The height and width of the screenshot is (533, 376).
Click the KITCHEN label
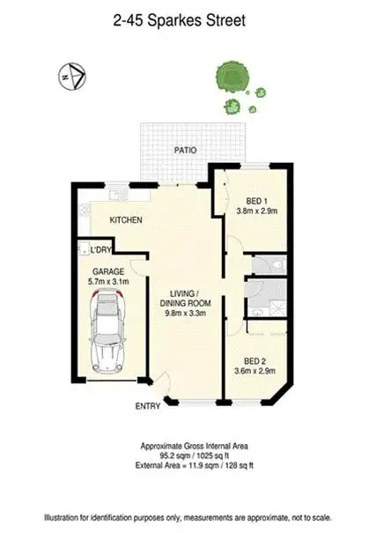tap(125, 220)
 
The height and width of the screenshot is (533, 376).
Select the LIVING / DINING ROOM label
tap(185, 299)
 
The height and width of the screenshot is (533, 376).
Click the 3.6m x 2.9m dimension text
tap(254, 372)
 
